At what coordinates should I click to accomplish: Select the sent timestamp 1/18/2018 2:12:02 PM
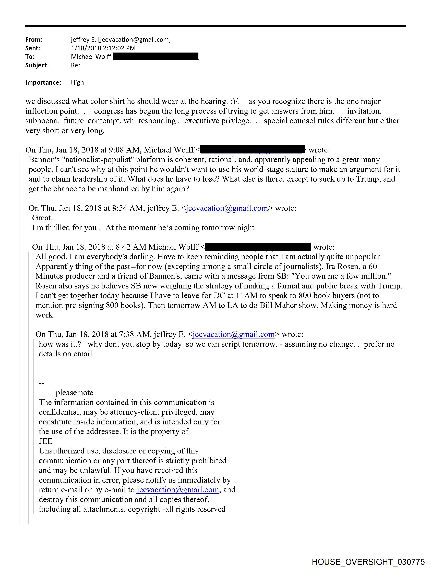(103, 48)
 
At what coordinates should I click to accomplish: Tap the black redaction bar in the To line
(156, 57)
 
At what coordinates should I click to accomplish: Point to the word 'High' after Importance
(77, 83)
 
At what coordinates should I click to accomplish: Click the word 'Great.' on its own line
(42, 218)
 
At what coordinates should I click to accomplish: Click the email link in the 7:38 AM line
(234, 334)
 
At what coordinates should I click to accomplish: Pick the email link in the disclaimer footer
(178, 490)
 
